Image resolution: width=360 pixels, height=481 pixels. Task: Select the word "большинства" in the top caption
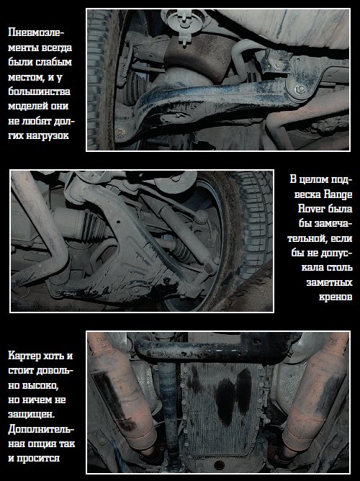click(x=39, y=91)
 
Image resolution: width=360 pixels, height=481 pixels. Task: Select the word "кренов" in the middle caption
click(x=336, y=297)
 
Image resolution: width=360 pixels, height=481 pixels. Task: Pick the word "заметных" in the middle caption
click(x=329, y=282)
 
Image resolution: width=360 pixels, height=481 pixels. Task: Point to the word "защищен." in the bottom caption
click(x=31, y=415)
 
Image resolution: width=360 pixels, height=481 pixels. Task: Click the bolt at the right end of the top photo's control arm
click(x=300, y=89)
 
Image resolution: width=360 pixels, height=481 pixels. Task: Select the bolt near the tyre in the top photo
click(x=120, y=132)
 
